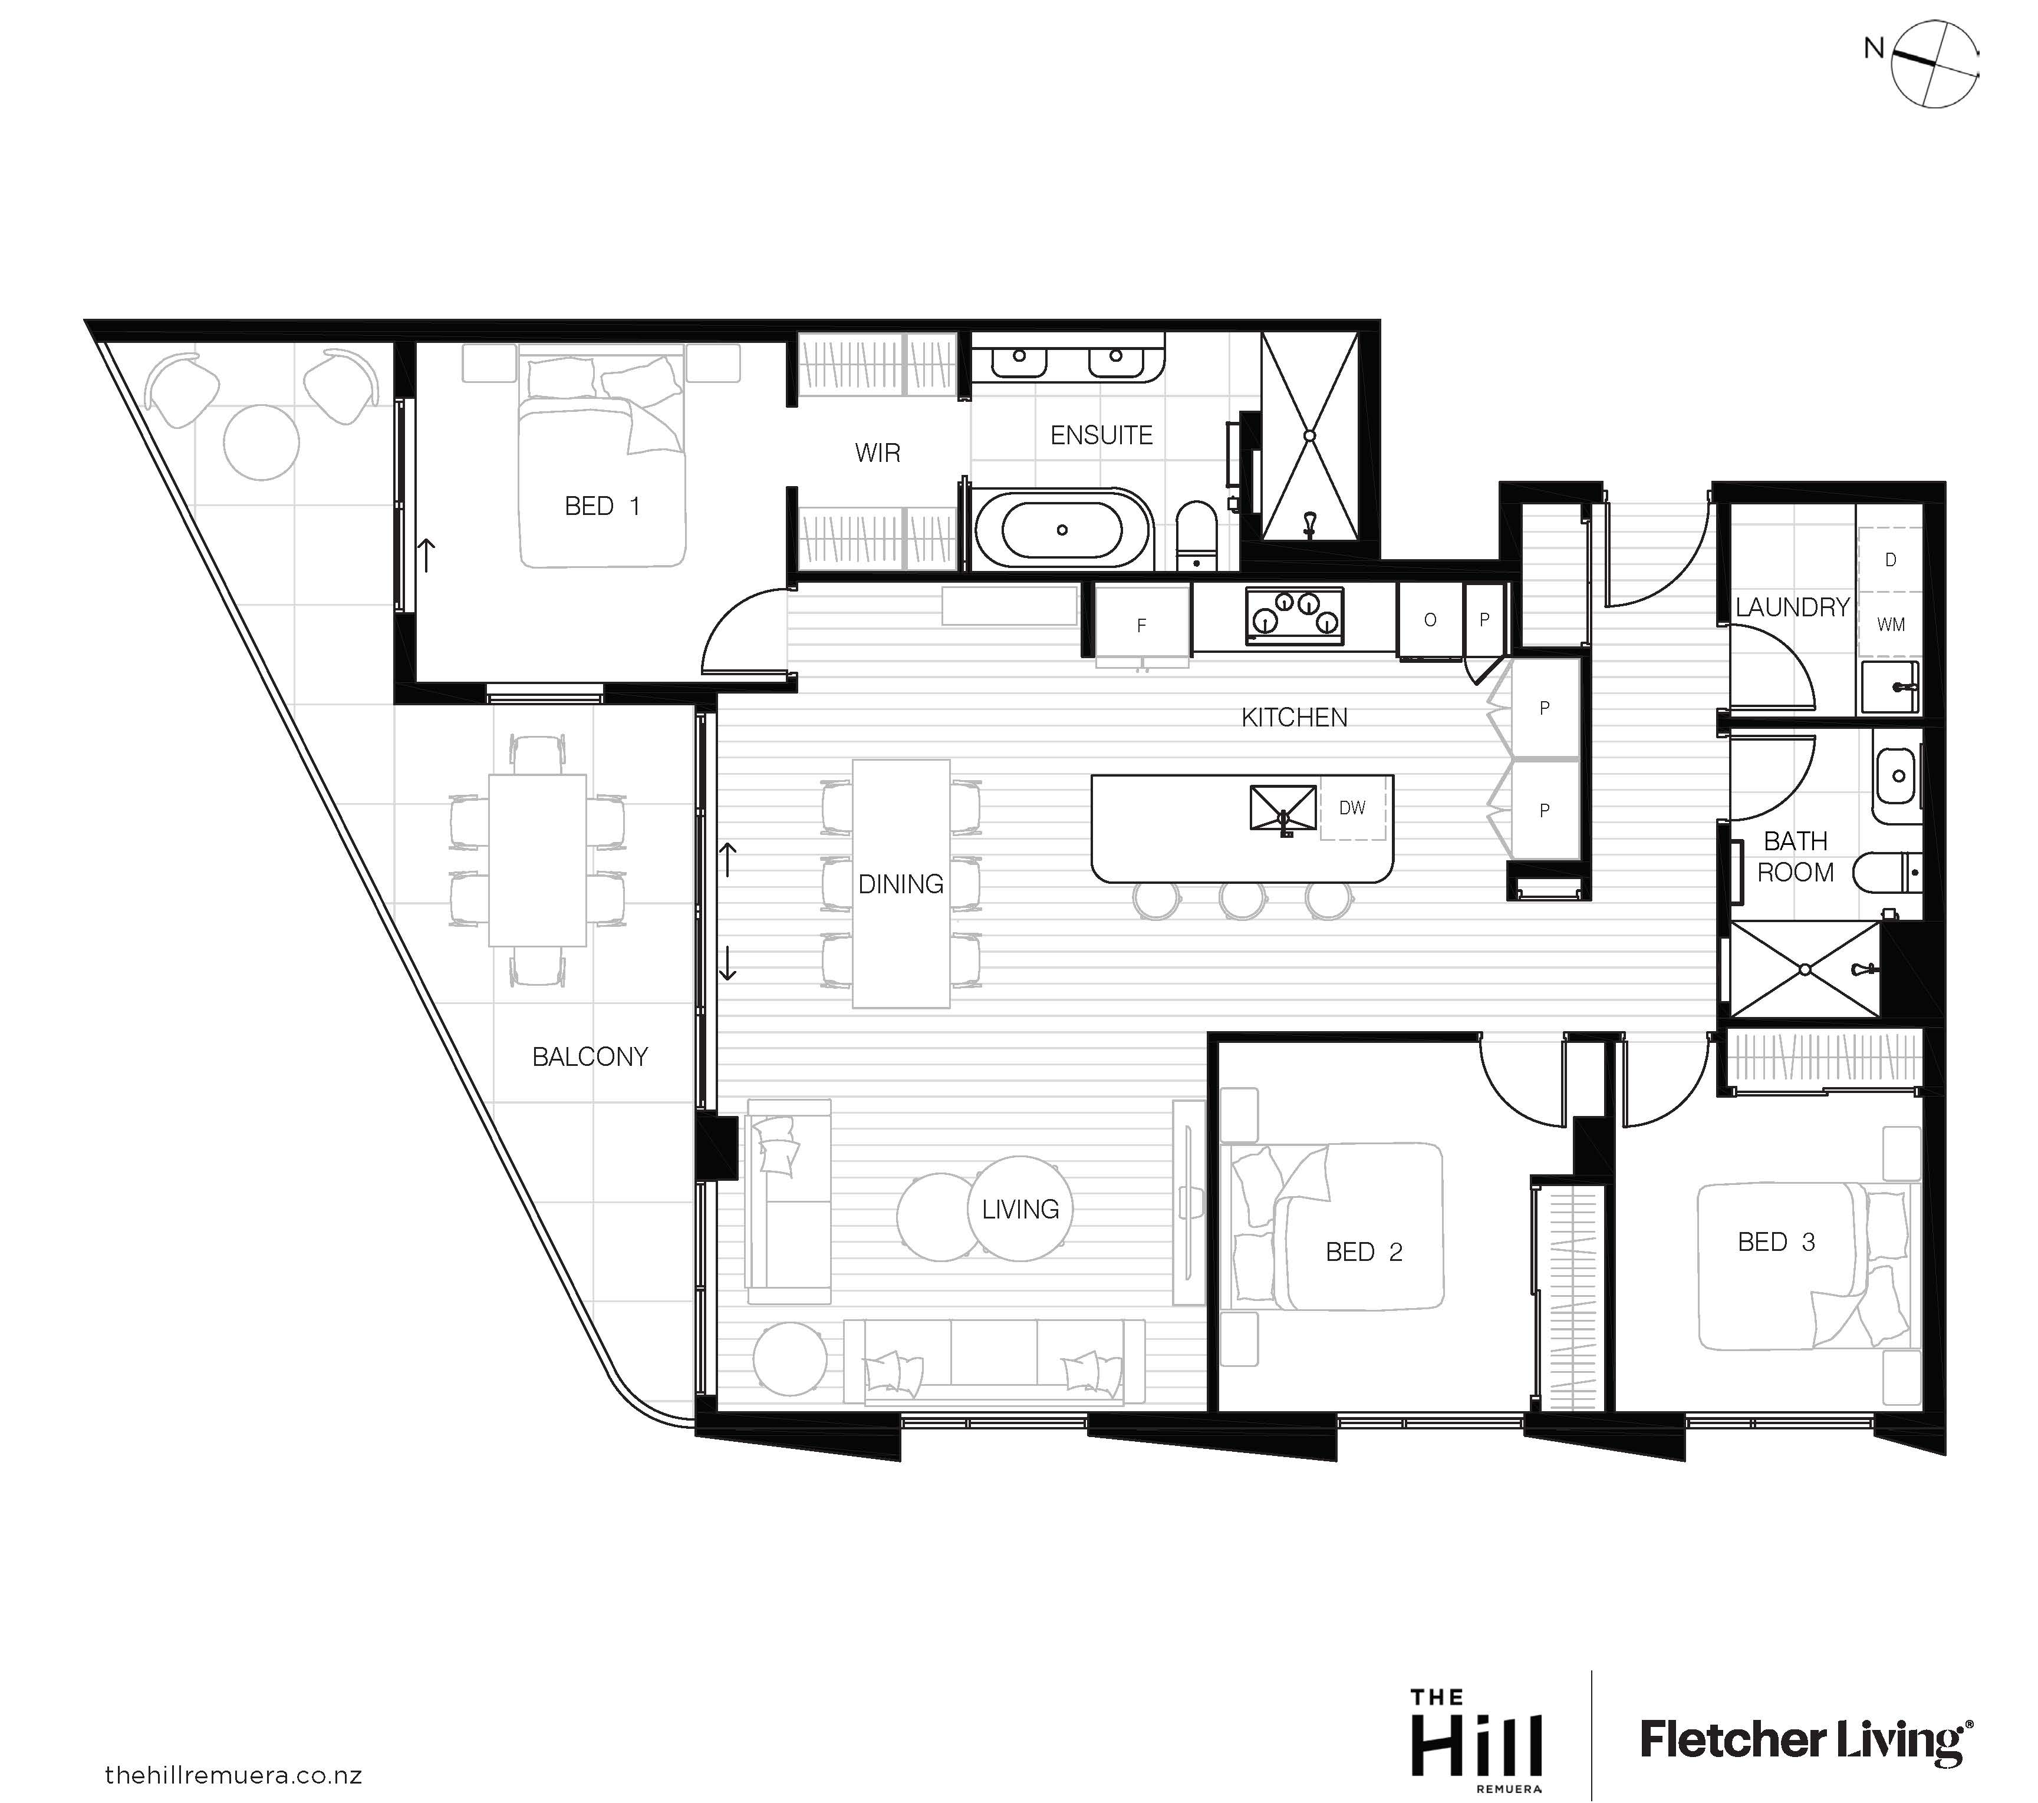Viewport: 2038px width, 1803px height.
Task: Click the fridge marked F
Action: coord(1143,625)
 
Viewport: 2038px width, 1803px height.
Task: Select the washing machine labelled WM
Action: coord(1891,625)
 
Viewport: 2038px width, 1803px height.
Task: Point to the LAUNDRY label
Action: coord(1792,607)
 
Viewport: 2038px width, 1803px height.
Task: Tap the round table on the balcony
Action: coord(261,441)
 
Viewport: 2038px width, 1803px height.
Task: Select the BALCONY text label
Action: coord(590,1056)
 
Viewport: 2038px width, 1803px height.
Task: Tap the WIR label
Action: coord(877,454)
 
